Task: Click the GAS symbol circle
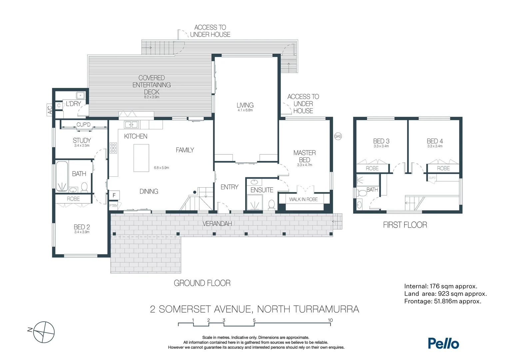338,136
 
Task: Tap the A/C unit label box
49,110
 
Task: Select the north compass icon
44,332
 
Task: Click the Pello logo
443,343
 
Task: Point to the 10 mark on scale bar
330,320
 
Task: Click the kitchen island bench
141,158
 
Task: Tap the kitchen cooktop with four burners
113,148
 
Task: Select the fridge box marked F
114,195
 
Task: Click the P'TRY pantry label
113,206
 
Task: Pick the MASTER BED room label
304,156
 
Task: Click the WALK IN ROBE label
303,199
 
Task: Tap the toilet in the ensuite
271,204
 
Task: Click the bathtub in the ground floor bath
62,176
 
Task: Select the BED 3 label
381,141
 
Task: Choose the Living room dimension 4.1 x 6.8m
245,110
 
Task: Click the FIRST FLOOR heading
405,225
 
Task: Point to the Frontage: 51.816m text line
442,301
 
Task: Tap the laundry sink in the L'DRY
81,95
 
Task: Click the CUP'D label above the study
83,125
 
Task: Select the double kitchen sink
131,125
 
